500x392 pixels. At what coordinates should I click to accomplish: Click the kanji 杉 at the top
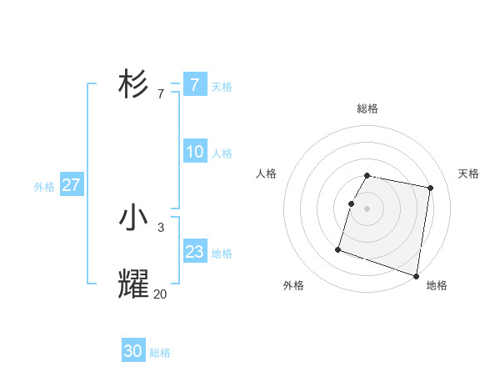[x=133, y=84]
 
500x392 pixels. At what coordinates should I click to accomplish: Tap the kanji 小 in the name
[x=133, y=219]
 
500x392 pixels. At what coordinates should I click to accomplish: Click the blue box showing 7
[x=195, y=84]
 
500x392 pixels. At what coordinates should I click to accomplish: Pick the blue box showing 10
[x=195, y=152]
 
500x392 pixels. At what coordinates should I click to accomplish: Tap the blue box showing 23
[x=195, y=252]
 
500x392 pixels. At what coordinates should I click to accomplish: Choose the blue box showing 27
[x=72, y=185]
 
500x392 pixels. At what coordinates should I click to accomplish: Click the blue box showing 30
[x=133, y=351]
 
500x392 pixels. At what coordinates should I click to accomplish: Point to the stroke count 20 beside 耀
[x=161, y=294]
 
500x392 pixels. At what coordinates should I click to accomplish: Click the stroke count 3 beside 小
[x=161, y=227]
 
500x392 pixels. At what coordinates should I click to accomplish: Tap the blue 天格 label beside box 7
[x=222, y=86]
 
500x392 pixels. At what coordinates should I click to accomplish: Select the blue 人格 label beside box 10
[x=222, y=153]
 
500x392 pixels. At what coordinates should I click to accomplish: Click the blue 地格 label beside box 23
[x=222, y=254]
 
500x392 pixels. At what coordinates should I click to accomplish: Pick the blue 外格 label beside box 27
[x=44, y=187]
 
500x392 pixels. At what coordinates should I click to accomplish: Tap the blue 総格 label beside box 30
[x=160, y=353]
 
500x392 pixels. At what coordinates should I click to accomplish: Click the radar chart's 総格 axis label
[x=367, y=108]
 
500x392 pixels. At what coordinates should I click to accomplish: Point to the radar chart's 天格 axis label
[x=468, y=173]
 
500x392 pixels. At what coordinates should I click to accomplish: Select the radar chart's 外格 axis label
[x=293, y=285]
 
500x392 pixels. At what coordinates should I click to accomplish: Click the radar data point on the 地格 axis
[x=416, y=275]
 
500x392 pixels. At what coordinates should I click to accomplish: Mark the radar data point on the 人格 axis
[x=352, y=204]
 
